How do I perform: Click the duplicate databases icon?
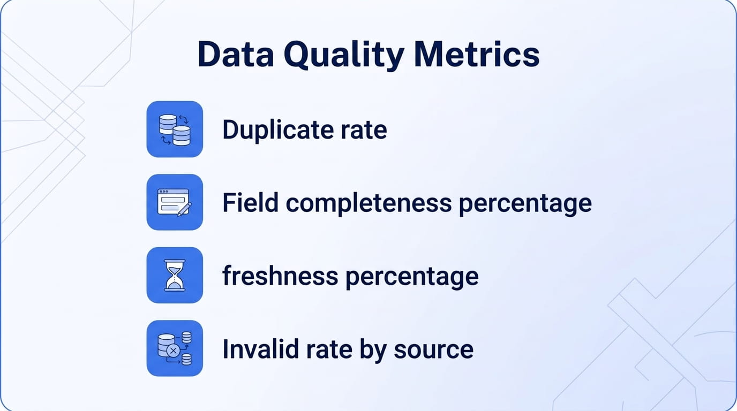[175, 130]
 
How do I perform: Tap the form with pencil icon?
[175, 202]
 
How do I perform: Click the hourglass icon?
[175, 276]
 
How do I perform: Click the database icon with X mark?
[175, 348]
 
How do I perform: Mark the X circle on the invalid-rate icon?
[172, 351]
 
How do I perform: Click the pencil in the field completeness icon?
[184, 209]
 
